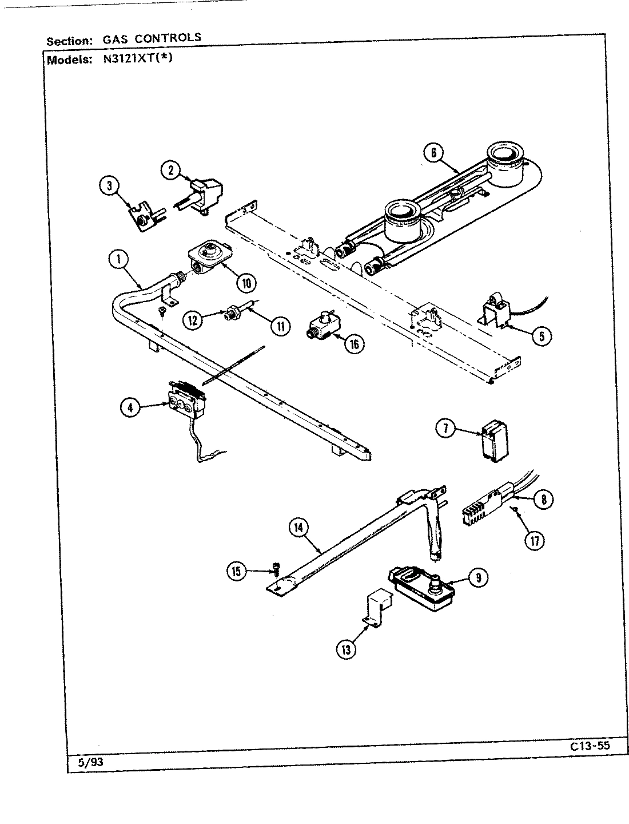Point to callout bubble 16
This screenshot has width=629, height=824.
pyautogui.click(x=356, y=344)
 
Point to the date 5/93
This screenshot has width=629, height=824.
pyautogui.click(x=90, y=762)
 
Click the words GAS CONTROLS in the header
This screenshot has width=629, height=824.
pyautogui.click(x=152, y=38)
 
